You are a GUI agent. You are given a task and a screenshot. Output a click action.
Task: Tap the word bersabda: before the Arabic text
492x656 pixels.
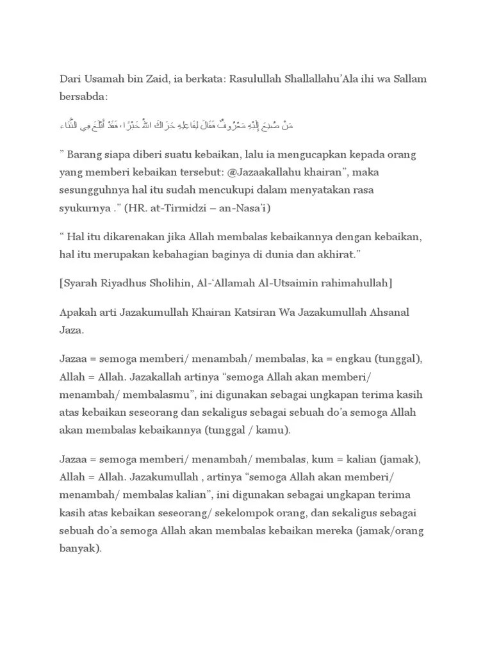84,97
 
